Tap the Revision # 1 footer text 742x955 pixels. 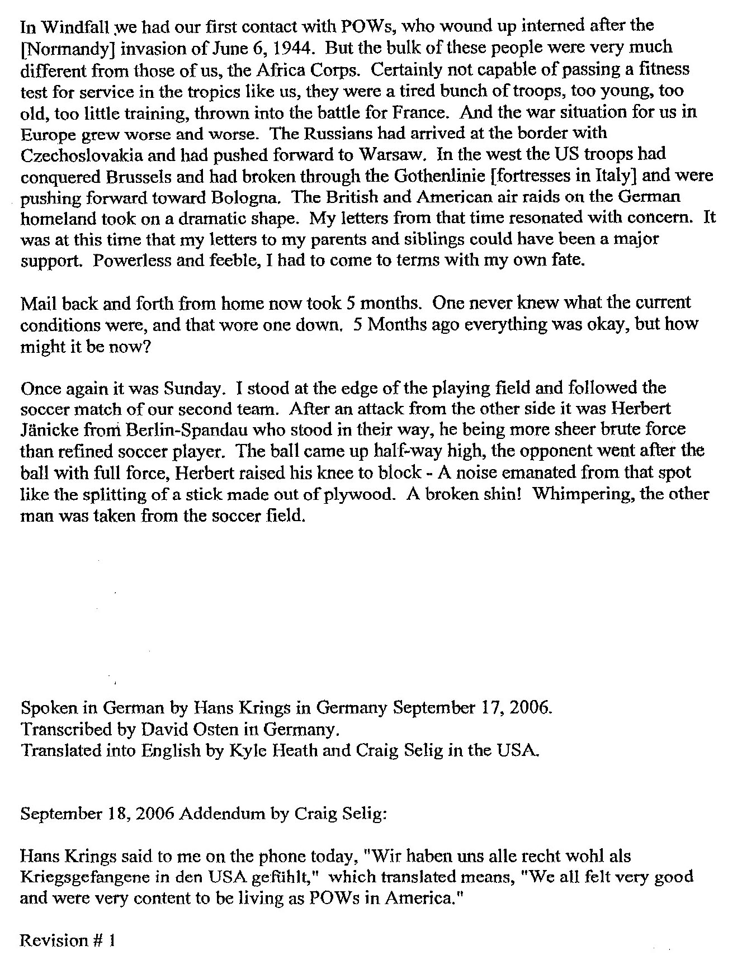point(68,941)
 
